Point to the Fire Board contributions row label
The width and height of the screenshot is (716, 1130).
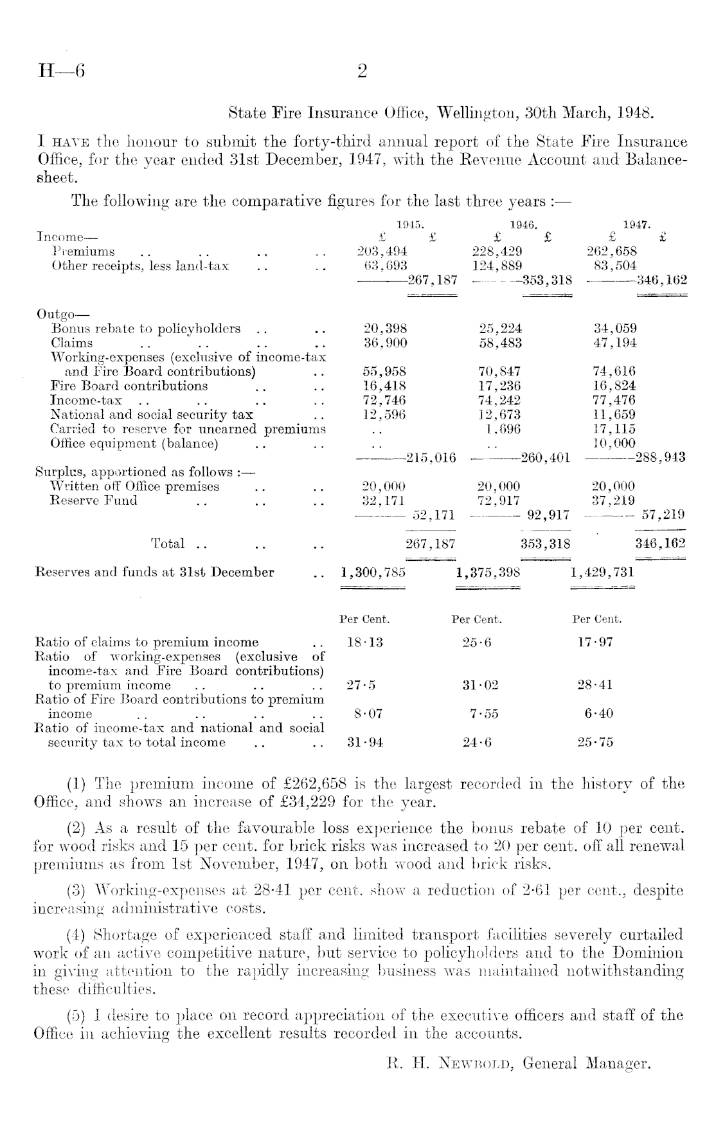tap(129, 386)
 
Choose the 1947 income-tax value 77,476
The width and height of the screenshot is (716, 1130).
tap(614, 400)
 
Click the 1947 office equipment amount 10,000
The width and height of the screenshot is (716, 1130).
tap(614, 443)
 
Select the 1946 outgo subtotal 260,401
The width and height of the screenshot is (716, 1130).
tap(546, 458)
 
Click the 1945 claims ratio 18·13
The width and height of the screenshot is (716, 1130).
tap(364, 642)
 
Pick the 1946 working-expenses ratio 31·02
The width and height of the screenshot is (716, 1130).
tap(479, 685)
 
